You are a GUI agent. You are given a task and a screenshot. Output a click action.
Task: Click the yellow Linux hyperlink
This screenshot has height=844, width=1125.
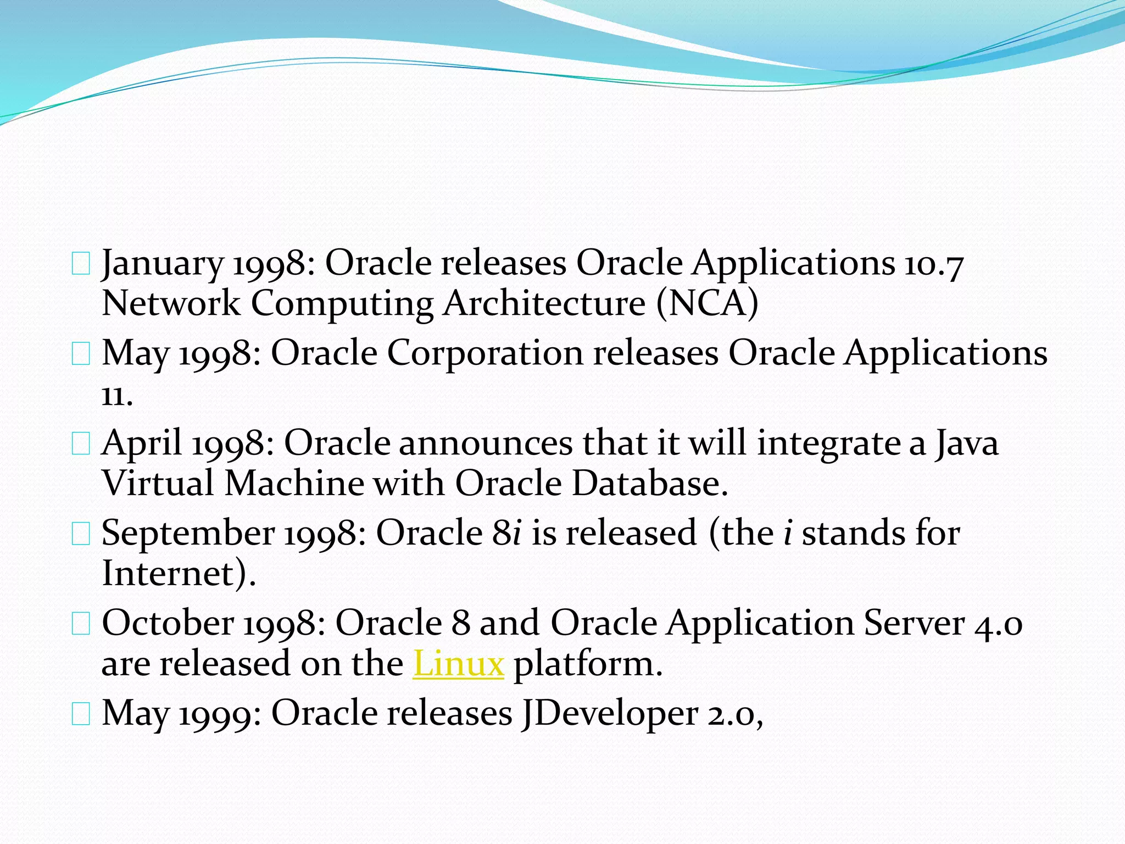458,664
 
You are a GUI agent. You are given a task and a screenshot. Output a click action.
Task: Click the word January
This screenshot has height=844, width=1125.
163,264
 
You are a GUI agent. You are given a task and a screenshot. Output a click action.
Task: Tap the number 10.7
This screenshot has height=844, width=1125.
933,264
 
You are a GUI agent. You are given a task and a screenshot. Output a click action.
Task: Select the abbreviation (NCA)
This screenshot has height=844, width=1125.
708,303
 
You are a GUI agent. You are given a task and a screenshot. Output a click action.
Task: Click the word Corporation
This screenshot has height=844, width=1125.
485,353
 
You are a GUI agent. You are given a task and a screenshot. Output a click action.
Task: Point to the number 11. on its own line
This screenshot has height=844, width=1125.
117,395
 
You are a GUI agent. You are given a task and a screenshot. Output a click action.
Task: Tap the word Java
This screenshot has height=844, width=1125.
967,443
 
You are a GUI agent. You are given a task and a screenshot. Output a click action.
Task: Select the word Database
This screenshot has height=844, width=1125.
649,484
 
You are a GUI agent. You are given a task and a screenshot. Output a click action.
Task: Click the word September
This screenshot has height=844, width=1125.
188,533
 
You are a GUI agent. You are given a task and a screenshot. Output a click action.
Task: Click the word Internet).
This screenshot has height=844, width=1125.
179,574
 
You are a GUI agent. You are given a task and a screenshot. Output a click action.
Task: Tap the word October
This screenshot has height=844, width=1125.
168,623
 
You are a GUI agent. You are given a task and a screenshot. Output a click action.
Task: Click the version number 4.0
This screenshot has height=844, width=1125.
998,623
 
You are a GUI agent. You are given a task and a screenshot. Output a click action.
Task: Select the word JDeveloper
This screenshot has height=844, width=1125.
609,713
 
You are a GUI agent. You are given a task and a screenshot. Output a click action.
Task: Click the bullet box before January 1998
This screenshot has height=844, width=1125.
81,265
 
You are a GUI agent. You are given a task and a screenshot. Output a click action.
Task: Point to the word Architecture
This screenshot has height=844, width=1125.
544,303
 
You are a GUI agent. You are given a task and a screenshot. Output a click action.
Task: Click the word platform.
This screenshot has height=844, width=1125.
588,664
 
